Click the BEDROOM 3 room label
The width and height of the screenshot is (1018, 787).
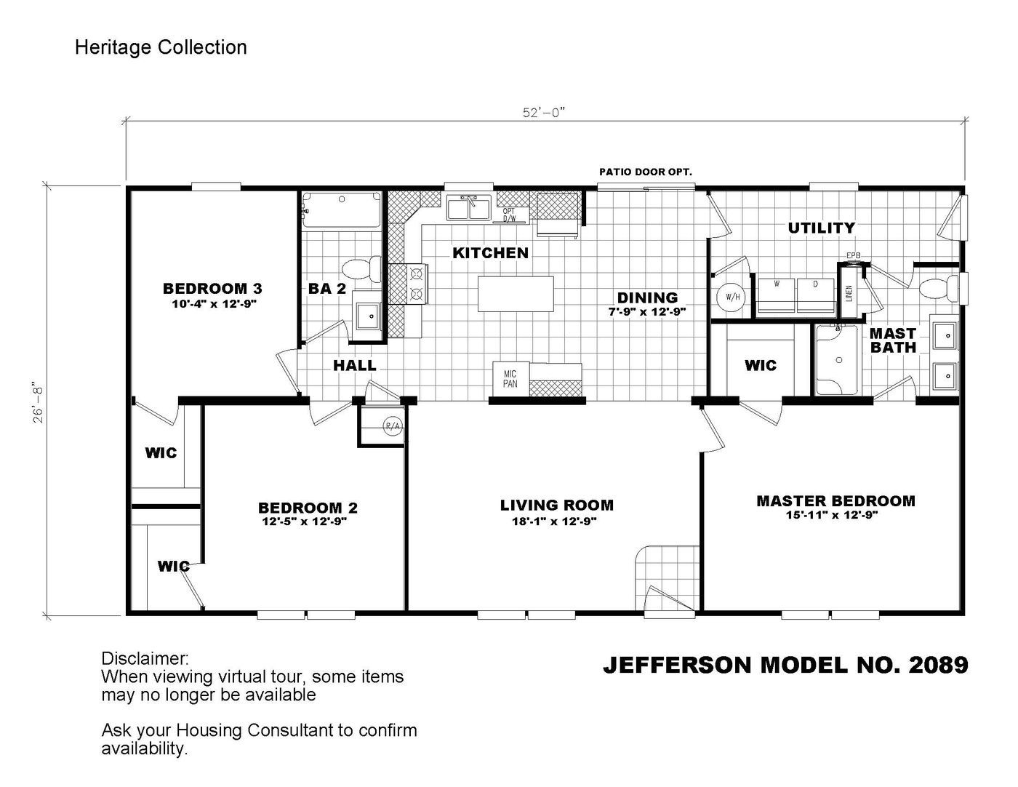click(212, 289)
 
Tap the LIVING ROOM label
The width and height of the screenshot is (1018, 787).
click(556, 505)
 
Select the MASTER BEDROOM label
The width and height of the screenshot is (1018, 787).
click(835, 501)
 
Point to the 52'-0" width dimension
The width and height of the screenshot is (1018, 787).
click(543, 112)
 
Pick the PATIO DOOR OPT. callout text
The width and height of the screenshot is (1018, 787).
click(645, 172)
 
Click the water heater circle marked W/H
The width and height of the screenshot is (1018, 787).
click(732, 297)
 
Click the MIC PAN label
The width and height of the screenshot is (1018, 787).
click(510, 379)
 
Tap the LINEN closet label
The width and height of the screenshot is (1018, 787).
click(849, 293)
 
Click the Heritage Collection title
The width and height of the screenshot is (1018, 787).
click(161, 48)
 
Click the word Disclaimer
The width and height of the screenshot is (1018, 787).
click(145, 658)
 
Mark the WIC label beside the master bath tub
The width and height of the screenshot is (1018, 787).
click(760, 365)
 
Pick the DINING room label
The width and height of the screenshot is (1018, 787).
click(647, 297)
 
